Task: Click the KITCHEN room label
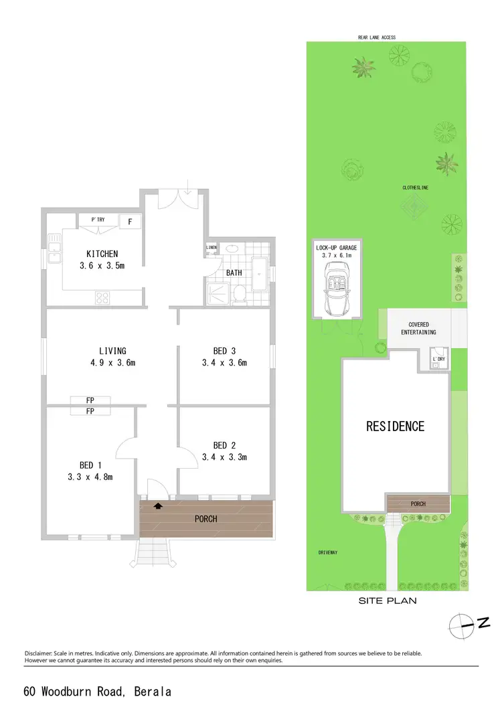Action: coord(102,254)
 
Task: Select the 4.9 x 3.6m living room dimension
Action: coord(112,364)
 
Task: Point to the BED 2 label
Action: coord(224,445)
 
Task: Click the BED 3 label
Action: coord(224,351)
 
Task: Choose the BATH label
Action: coord(234,273)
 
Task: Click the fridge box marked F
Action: coord(130,221)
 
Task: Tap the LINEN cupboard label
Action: coord(212,248)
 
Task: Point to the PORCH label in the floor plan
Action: coord(205,519)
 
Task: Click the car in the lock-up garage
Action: coord(337,288)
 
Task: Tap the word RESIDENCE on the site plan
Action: coord(395,426)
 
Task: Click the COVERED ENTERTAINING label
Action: coord(418,328)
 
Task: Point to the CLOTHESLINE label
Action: coord(415,188)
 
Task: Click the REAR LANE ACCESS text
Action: coord(377,37)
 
